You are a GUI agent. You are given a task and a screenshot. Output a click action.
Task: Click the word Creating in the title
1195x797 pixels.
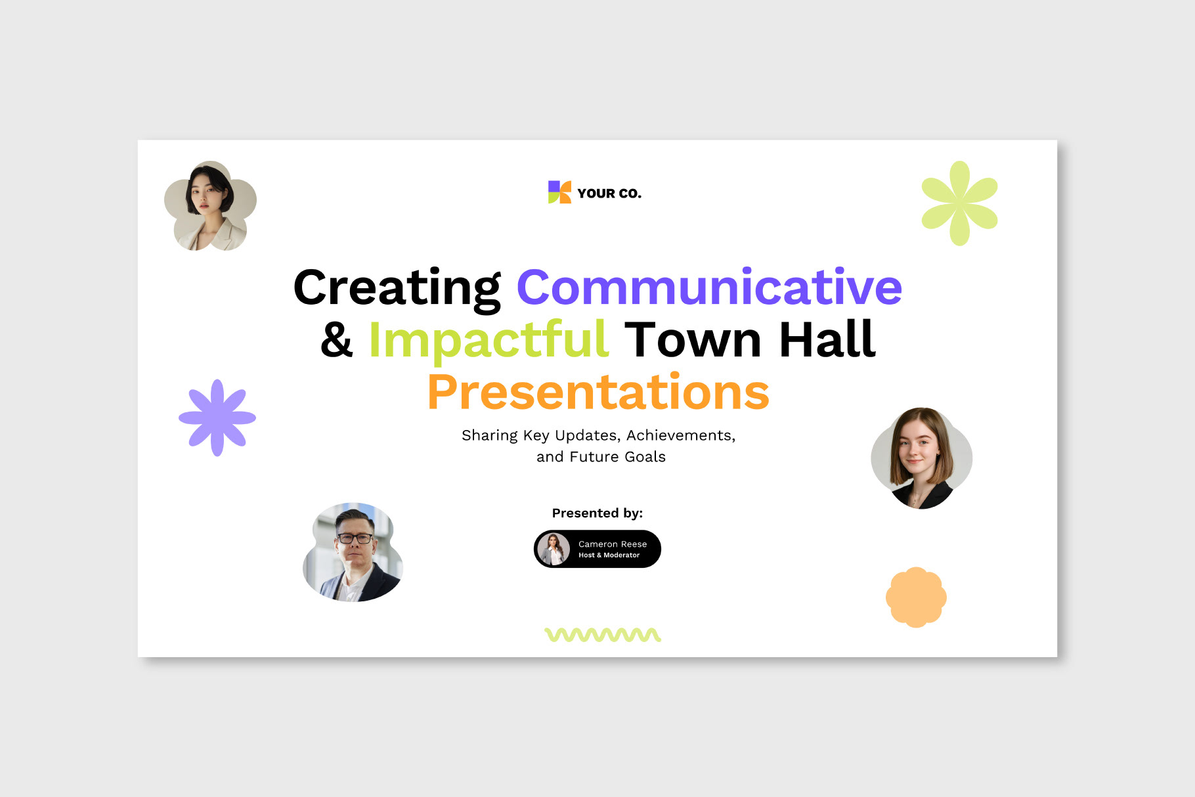[397, 289]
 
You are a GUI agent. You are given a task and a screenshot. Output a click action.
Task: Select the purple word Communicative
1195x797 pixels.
[709, 287]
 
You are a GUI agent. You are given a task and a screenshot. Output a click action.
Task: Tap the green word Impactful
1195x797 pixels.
[489, 340]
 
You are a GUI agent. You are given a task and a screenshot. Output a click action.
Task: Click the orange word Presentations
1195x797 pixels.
[598, 392]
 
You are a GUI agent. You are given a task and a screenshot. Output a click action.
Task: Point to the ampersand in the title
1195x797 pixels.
[337, 339]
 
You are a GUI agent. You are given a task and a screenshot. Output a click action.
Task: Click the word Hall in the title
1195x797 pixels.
[827, 339]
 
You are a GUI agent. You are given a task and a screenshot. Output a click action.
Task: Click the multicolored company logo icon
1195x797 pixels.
[559, 192]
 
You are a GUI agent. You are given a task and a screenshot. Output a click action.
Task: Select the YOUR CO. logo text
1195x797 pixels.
[609, 194]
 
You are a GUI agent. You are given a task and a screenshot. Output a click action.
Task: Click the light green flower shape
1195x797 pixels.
[959, 204]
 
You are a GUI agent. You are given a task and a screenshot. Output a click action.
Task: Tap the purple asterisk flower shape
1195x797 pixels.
[217, 418]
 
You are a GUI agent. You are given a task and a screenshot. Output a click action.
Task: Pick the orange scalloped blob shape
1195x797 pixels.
[916, 597]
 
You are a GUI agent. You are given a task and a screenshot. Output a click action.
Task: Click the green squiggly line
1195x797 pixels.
[603, 635]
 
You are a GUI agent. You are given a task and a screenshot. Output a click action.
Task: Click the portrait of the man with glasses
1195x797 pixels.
[353, 552]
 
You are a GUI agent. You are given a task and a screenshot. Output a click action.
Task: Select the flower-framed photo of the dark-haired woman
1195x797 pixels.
[210, 205]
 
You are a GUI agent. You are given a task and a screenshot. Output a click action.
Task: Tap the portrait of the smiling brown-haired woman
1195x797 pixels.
[921, 458]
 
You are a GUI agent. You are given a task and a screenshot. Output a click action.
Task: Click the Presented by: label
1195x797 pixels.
[597, 513]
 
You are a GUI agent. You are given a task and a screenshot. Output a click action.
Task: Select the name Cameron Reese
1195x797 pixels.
[613, 544]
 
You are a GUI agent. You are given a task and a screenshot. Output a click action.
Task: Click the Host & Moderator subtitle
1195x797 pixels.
[609, 555]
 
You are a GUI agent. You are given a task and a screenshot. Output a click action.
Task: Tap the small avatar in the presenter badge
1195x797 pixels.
[554, 549]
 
